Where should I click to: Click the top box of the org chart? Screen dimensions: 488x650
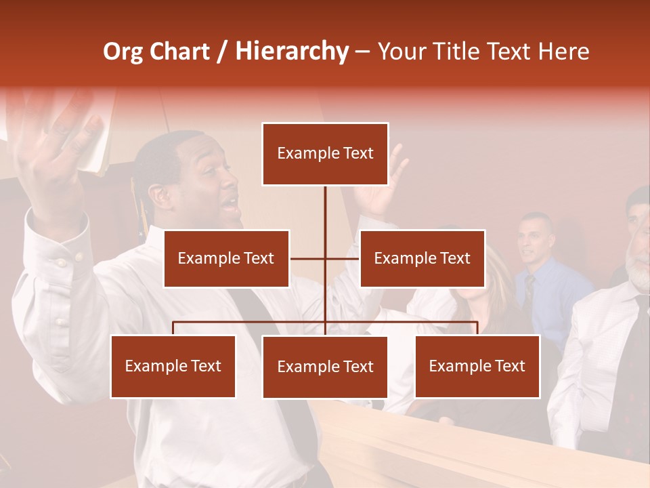(x=325, y=154)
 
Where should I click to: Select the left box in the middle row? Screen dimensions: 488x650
(x=226, y=258)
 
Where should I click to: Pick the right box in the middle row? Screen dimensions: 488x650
(x=422, y=258)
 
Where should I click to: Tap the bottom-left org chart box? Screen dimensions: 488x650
(x=173, y=366)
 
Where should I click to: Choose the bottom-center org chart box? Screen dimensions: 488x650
(x=325, y=367)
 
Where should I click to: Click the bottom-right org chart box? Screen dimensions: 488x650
(x=477, y=366)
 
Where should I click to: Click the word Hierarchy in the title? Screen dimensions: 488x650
(x=292, y=52)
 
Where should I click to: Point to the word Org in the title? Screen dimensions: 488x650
(x=123, y=52)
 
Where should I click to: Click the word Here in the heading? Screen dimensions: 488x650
(x=563, y=52)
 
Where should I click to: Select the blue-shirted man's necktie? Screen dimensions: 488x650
(x=529, y=291)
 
